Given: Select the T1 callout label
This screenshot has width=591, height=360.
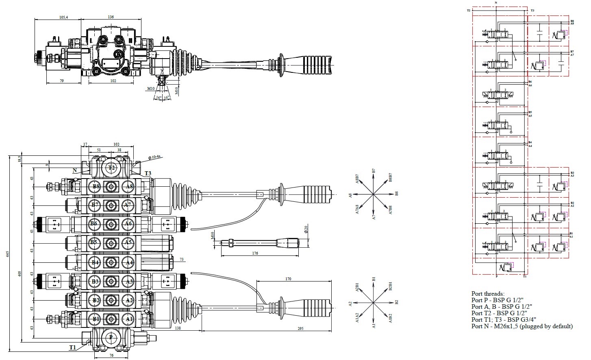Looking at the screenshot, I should coord(72,347).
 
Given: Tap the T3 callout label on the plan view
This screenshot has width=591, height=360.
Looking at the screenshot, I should coord(148,174).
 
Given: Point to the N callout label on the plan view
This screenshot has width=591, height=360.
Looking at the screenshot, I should coord(74,171).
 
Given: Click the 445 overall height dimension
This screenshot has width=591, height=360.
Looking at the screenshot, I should coord(8,254).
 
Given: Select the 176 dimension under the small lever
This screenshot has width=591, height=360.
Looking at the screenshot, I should coord(255,253).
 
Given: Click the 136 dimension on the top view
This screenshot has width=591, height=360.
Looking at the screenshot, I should coord(111,17).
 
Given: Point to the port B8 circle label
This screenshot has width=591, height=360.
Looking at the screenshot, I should coord(96,187).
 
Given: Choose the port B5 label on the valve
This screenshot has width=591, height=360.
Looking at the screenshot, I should coord(94,243).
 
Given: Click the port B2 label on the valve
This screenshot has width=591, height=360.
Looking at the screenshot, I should coord(96,301).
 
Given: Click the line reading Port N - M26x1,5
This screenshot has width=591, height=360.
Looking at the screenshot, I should coord(522,326).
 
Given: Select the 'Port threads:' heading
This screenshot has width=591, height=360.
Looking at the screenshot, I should coord(488,293).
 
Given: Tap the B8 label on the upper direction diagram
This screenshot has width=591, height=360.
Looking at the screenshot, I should coord(397,194).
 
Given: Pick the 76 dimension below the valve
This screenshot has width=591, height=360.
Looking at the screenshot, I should coord(111,355).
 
